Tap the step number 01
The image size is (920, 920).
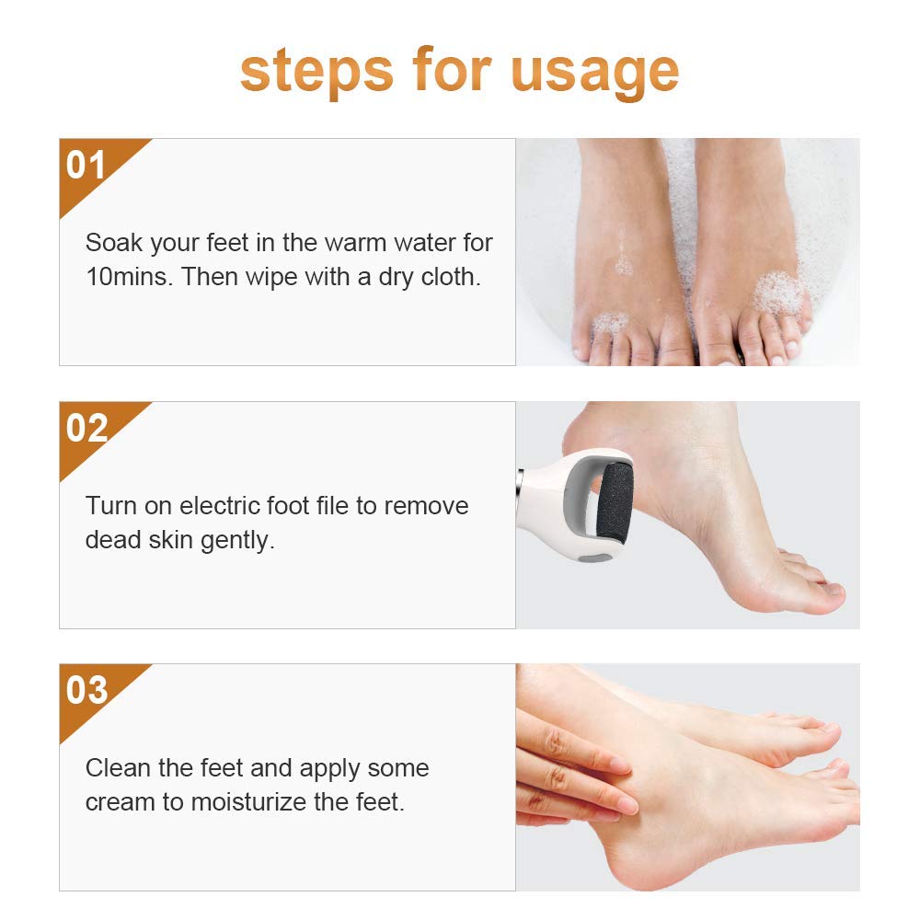click(86, 167)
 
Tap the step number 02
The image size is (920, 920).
click(86, 429)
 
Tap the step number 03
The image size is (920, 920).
click(86, 691)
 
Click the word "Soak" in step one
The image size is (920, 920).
click(113, 243)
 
